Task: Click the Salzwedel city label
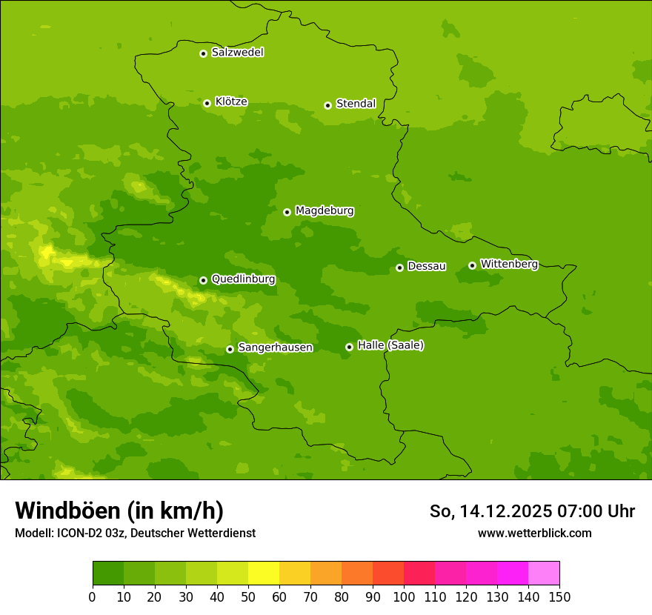point(237,53)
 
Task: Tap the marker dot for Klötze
point(207,103)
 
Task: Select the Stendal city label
point(356,104)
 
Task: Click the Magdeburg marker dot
point(287,212)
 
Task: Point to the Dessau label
point(427,266)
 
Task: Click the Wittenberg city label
point(508,264)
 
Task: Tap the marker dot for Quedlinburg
point(203,280)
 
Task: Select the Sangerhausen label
point(275,348)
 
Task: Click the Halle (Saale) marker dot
point(349,347)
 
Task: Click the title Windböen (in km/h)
point(119,511)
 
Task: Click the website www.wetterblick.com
point(534,533)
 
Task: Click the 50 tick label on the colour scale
point(248,596)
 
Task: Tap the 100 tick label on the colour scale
point(404,596)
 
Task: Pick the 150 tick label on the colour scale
point(559,596)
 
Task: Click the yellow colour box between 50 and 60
point(264,574)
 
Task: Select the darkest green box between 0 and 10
point(108,574)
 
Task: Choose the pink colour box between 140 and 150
point(544,574)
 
